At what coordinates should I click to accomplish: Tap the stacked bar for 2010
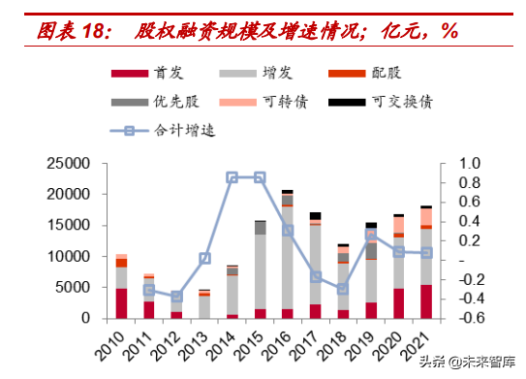121,287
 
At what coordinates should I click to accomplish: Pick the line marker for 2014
232,178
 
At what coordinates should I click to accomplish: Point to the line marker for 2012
176,297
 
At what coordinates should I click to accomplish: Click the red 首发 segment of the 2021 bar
426,301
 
